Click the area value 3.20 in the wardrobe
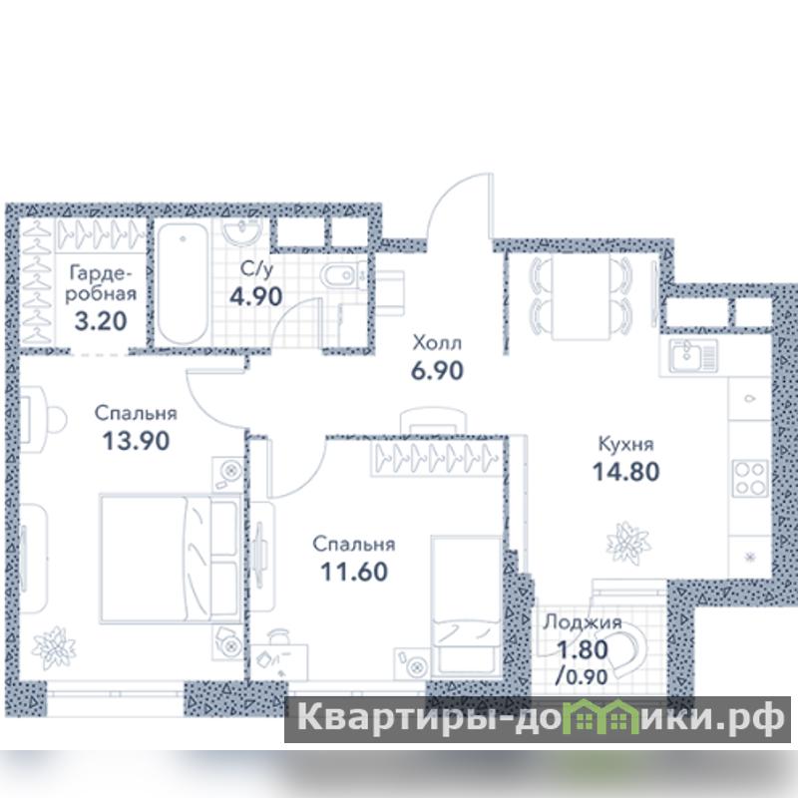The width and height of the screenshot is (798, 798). [101, 321]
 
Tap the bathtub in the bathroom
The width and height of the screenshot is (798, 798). [183, 284]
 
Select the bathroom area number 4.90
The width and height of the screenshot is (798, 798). [256, 296]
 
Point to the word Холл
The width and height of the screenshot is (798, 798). [437, 343]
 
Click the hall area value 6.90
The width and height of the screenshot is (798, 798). [437, 371]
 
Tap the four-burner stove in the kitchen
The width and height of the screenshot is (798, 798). [750, 478]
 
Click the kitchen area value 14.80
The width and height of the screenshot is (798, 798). [626, 472]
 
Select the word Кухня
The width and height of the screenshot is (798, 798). [626, 444]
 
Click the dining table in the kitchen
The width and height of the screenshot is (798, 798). [581, 297]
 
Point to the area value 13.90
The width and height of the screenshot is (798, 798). [136, 441]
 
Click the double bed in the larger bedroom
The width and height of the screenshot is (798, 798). [171, 559]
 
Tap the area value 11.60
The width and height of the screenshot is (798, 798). [354, 572]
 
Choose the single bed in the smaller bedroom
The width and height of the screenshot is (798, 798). [466, 605]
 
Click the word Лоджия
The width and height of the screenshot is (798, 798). [583, 622]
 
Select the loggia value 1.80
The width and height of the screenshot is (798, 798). [583, 649]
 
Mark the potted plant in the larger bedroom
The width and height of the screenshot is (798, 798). [54, 647]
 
